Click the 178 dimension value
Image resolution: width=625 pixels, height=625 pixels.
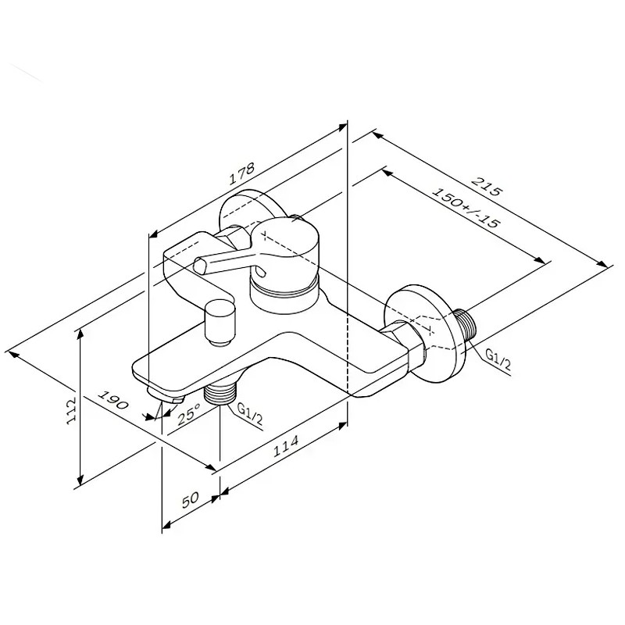pos(241,173)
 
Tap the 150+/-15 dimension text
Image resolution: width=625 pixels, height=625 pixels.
pos(465,207)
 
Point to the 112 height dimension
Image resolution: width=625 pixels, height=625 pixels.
pos(71,411)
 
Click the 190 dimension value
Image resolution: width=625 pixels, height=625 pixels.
pos(113,400)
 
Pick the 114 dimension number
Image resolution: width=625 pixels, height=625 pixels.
pos(285,445)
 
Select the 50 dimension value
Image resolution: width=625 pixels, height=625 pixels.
pos(190,500)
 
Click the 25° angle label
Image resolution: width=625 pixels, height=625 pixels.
pos(188,414)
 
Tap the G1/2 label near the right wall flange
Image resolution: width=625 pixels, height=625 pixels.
pos(498,359)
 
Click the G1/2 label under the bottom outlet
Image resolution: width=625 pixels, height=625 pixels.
pos(250,414)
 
